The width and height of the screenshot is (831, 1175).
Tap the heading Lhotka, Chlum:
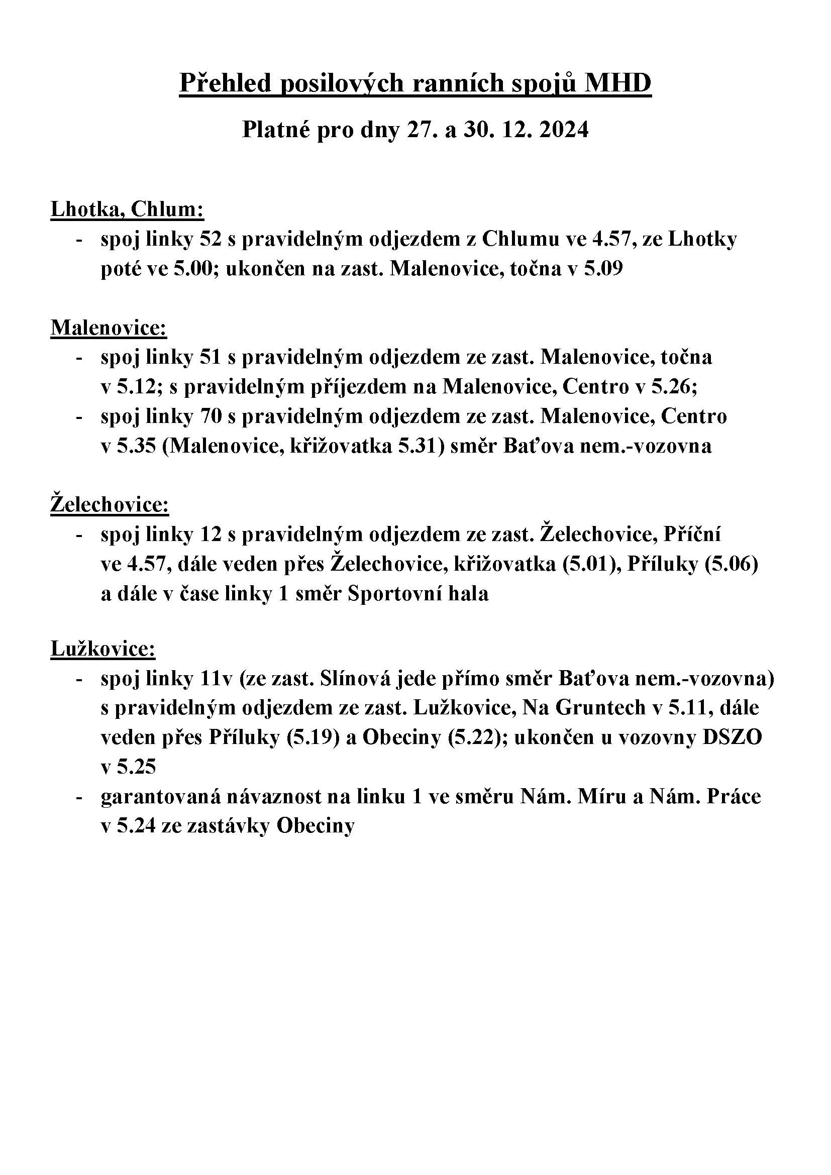coord(128,210)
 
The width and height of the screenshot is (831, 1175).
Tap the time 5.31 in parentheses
coord(419,446)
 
